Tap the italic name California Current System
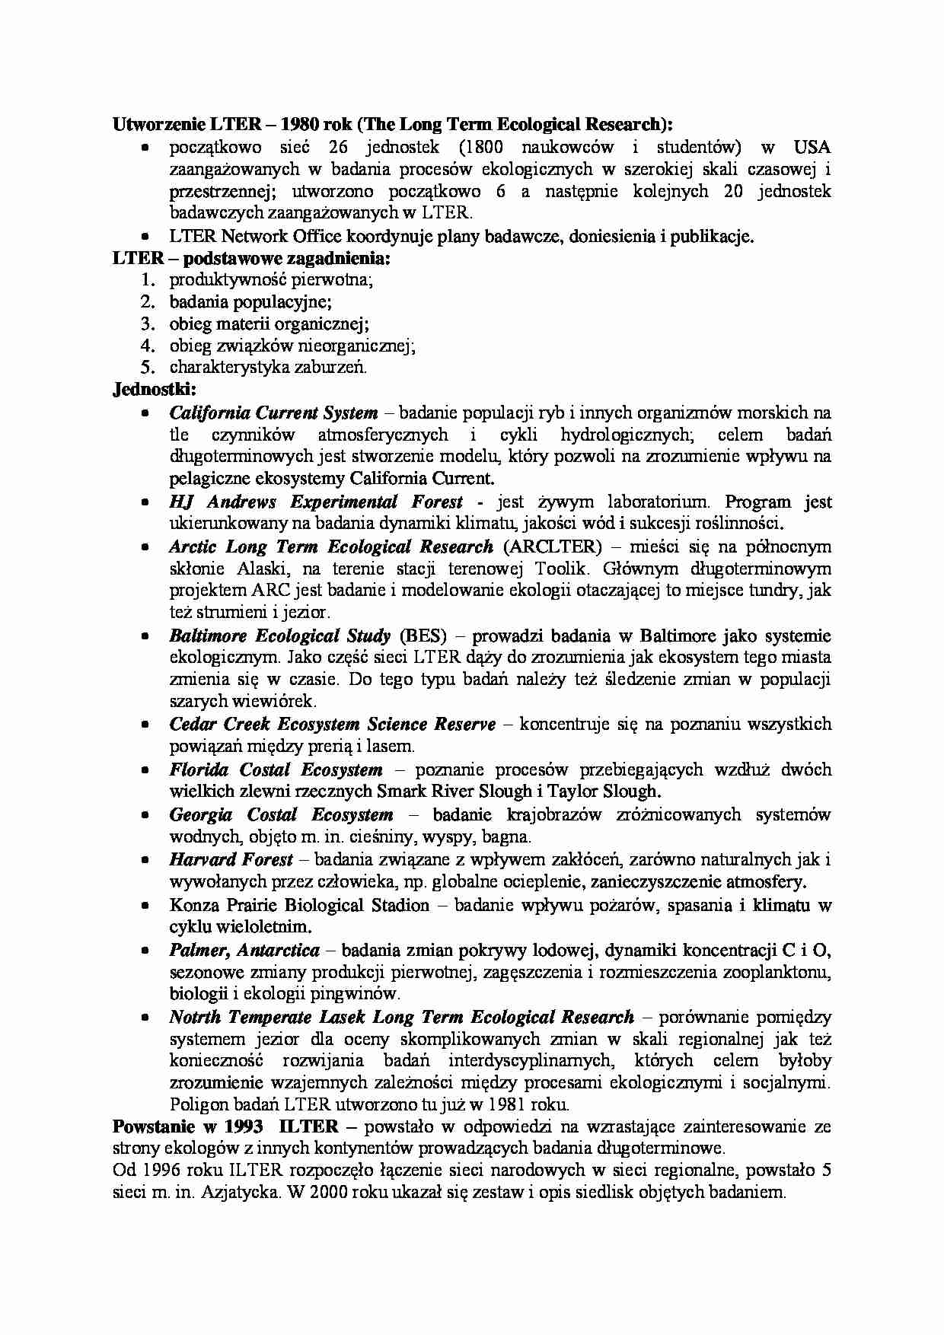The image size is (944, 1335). (x=273, y=413)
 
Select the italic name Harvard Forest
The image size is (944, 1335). (x=231, y=859)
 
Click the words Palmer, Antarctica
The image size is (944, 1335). (x=244, y=950)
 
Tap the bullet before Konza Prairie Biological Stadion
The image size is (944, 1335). (x=144, y=906)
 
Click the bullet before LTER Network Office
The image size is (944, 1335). (x=144, y=237)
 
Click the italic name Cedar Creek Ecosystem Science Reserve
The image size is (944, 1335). (x=332, y=724)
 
